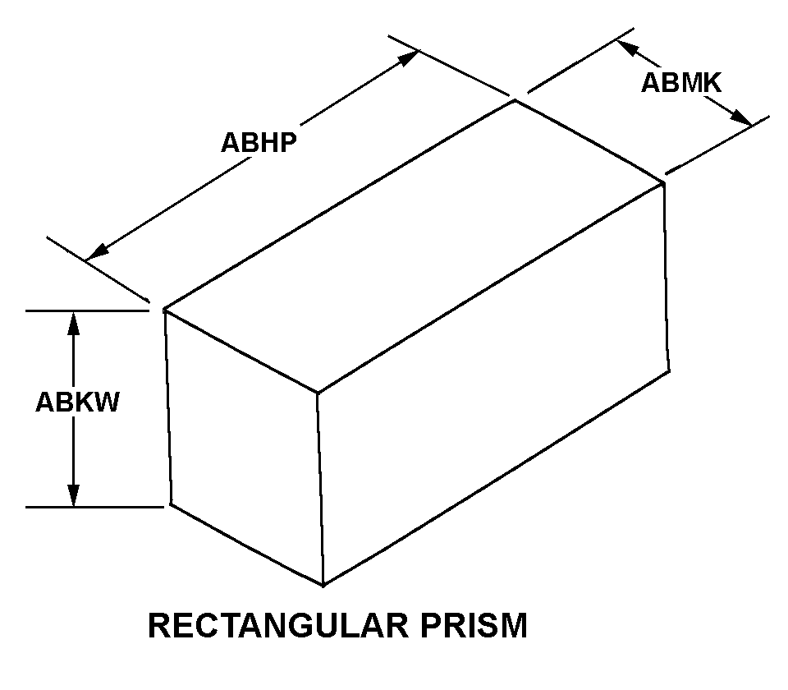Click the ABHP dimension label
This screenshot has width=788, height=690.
pyautogui.click(x=259, y=142)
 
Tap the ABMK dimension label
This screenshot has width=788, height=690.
pyautogui.click(x=681, y=82)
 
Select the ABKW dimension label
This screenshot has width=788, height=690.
pyautogui.click(x=77, y=402)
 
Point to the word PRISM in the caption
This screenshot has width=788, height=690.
pyautogui.click(x=478, y=626)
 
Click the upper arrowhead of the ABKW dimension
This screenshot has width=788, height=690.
pyautogui.click(x=74, y=323)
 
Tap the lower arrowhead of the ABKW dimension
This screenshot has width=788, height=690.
pyautogui.click(x=74, y=495)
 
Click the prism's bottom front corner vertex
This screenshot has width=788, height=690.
pyautogui.click(x=323, y=585)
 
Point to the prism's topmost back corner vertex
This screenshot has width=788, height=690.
pyautogui.click(x=515, y=100)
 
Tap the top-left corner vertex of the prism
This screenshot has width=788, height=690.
pyautogui.click(x=165, y=310)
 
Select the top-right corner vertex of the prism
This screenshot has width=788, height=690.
pyautogui.click(x=662, y=182)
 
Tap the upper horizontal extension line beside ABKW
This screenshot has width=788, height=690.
pyautogui.click(x=90, y=310)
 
